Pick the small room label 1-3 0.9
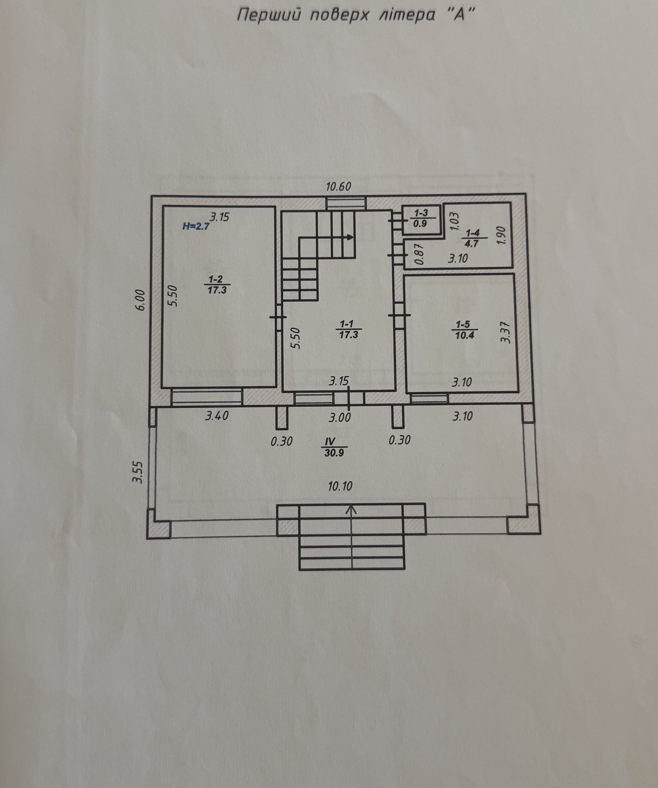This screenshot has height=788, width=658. click(421, 218)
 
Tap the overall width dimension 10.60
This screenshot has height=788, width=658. click(338, 187)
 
